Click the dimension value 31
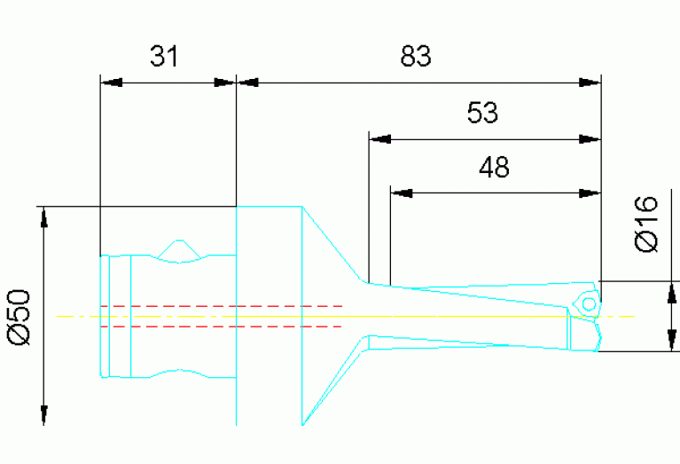pyautogui.click(x=164, y=57)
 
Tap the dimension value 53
pyautogui.click(x=483, y=113)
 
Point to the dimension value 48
pyautogui.click(x=494, y=167)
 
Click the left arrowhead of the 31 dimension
pyautogui.click(x=110, y=83)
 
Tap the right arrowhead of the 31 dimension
pyautogui.click(x=226, y=83)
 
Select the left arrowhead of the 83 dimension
pyautogui.click(x=248, y=83)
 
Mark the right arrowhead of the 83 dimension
pyautogui.click(x=591, y=83)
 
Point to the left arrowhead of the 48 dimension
pyautogui.click(x=402, y=192)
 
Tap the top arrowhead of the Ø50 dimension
pyautogui.click(x=43, y=217)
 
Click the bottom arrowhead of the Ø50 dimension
pyautogui.click(x=43, y=414)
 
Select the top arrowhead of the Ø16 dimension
pyautogui.click(x=671, y=293)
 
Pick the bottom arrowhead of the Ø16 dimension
pyautogui.click(x=671, y=340)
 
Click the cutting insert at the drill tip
pyautogui.click(x=588, y=302)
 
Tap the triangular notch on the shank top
pyautogui.click(x=181, y=251)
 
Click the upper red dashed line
pyautogui.click(x=222, y=306)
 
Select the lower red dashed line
pyautogui.click(x=222, y=326)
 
